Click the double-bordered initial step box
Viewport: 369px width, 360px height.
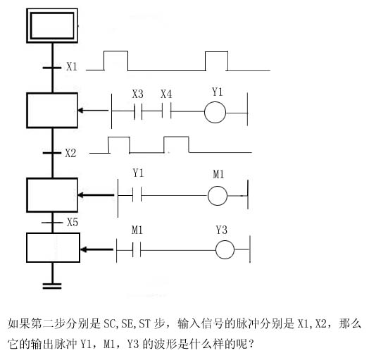coord(52,9)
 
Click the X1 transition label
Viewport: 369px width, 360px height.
coord(72,67)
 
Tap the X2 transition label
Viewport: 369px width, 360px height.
coord(70,154)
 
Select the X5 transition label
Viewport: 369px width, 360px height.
coord(73,222)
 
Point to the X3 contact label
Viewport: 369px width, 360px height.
coord(137,94)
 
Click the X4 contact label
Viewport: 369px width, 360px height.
coord(166,94)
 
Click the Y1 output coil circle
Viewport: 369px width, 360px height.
coord(215,102)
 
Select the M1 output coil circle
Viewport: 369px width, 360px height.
coord(218,187)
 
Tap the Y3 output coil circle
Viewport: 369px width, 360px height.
coord(225,241)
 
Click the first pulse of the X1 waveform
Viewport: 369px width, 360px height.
coord(116,51)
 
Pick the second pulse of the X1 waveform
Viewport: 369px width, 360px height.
coord(216,52)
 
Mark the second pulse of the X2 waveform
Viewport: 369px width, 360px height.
coord(176,137)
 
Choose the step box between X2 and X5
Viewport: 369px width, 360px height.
coord(52,179)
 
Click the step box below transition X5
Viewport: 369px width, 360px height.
coord(53,234)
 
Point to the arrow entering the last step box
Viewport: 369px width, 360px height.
coord(97,249)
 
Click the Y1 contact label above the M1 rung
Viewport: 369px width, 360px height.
coord(138,173)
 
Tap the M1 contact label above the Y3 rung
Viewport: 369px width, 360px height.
coord(137,230)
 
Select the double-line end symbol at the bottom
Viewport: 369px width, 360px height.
coord(52,286)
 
